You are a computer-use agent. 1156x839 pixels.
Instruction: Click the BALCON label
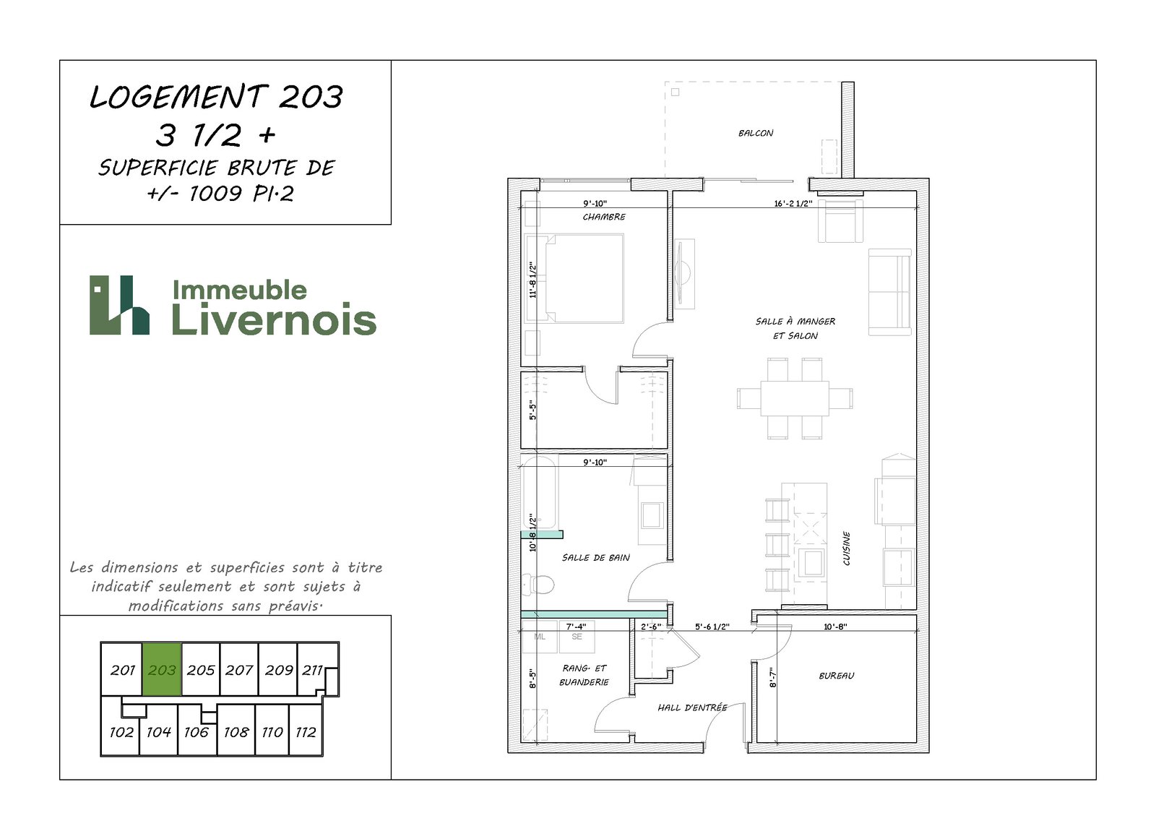[x=756, y=133]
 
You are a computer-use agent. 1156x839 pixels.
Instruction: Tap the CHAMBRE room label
[x=604, y=218]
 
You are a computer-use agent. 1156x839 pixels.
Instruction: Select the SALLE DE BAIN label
[x=595, y=558]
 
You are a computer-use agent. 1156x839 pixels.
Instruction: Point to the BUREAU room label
[x=837, y=676]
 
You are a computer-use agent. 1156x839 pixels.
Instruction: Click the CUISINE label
[x=847, y=548]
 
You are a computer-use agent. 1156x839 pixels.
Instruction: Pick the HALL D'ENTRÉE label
[x=692, y=708]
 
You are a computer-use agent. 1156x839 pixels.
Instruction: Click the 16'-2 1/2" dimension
[x=793, y=203]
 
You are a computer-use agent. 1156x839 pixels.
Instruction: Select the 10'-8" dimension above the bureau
[x=835, y=627]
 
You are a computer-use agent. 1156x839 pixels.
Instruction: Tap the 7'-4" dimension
[x=576, y=627]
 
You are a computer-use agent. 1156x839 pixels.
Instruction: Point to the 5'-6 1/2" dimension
[x=712, y=627]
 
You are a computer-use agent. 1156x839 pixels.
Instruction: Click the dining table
[x=795, y=398]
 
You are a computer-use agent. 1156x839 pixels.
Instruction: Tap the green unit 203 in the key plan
[x=162, y=670]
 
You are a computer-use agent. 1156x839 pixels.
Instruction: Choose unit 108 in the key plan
[x=236, y=732]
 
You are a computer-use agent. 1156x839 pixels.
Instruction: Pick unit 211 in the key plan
[x=312, y=670]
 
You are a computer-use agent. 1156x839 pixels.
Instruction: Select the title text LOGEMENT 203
[x=216, y=97]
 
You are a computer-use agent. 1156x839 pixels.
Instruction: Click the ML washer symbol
[x=540, y=637]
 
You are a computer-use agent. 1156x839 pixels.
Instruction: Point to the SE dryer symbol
[x=577, y=637]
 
